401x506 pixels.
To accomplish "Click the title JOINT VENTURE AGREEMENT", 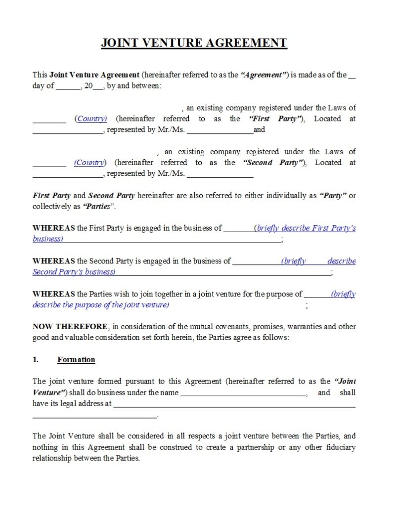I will tap(194, 43).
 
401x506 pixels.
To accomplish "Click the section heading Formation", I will tap(76, 360).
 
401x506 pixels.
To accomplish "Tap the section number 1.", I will tap(36, 360).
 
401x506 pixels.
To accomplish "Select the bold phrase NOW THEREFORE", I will tap(70, 327).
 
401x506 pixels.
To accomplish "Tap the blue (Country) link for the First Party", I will tap(91, 119).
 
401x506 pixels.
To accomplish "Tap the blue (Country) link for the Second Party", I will tap(89, 163).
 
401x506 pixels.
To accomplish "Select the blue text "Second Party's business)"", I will tap(74, 272).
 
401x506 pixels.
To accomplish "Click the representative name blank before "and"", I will tap(220, 130).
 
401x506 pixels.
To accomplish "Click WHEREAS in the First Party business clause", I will tap(54, 228).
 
